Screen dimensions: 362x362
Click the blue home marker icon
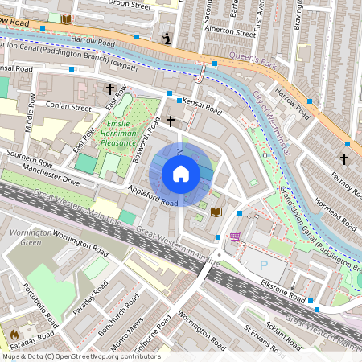coord(181,174)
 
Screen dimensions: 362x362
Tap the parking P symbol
coord(265,265)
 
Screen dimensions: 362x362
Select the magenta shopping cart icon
coord(235,237)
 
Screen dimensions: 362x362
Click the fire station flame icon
coord(14,332)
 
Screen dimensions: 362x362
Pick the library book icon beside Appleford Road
coord(216,212)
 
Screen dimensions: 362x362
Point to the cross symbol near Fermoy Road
coord(345,158)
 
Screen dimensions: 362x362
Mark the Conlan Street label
coord(69,106)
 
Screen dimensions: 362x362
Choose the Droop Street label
coord(130,5)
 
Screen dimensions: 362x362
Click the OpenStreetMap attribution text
coord(80,356)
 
